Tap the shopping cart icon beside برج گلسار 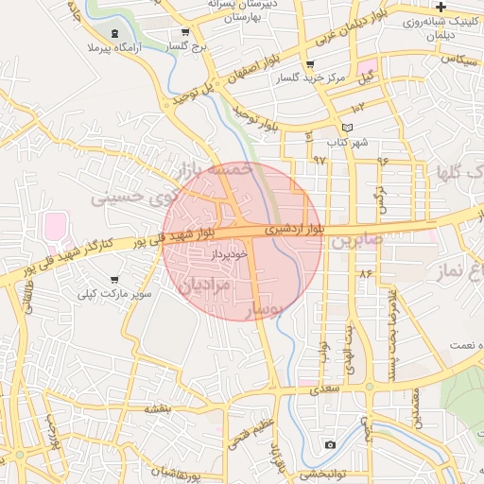185,31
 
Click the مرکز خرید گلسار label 315,78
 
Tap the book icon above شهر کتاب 347,128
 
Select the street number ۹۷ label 319,160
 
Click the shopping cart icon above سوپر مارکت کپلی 115,280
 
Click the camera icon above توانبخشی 329,443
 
